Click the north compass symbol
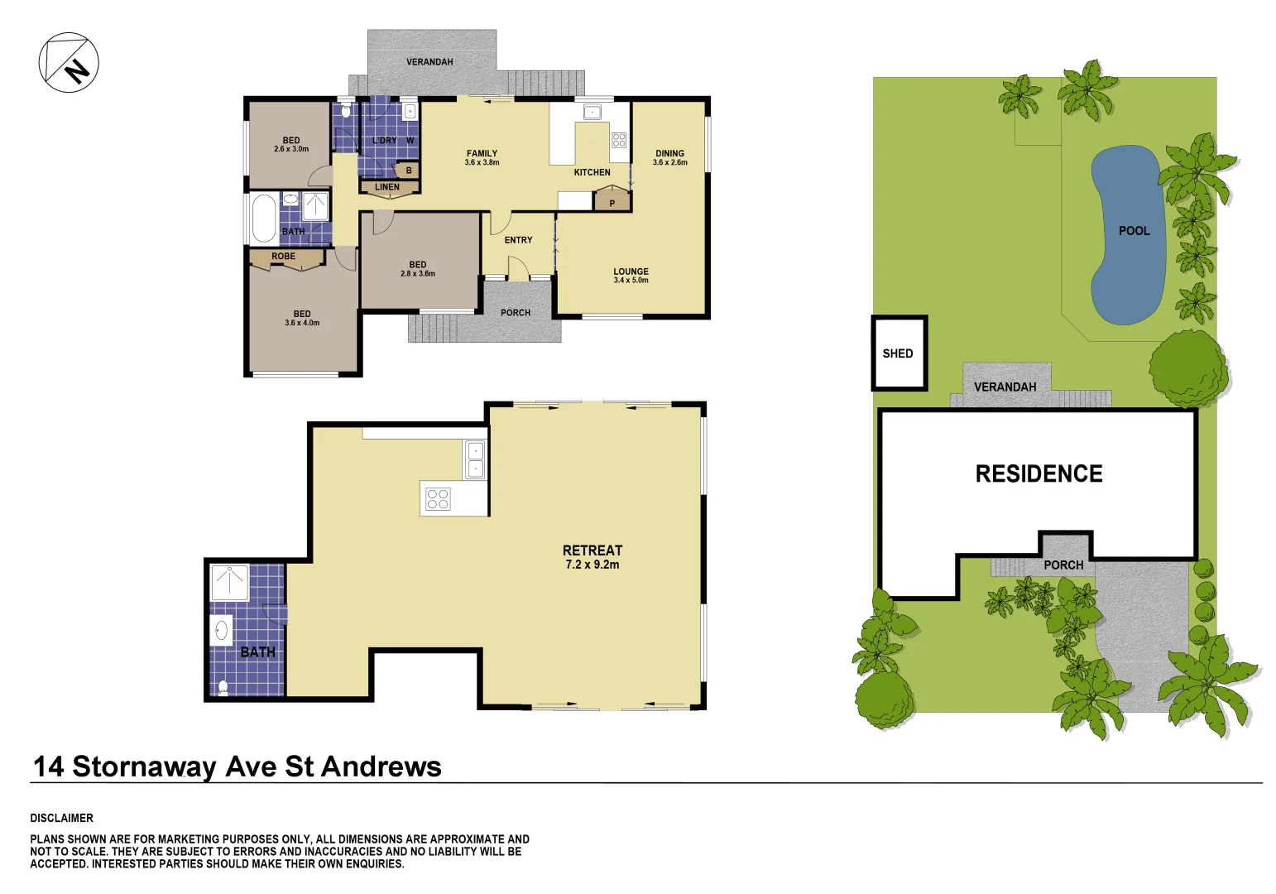[69, 62]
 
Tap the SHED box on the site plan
[898, 353]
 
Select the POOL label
[1134, 231]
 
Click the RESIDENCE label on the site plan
[1039, 473]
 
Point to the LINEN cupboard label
[387, 187]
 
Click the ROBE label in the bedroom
[283, 257]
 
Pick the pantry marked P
[612, 202]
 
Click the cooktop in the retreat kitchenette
[438, 499]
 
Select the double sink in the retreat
[476, 460]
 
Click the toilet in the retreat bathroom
[223, 686]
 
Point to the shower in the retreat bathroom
[229, 583]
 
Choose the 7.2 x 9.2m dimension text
[592, 565]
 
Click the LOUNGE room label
[631, 272]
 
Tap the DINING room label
[669, 153]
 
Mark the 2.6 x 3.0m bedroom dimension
[291, 149]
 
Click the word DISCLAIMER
[62, 818]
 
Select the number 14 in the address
[48, 767]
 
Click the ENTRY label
[518, 240]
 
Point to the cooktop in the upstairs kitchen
[619, 140]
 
